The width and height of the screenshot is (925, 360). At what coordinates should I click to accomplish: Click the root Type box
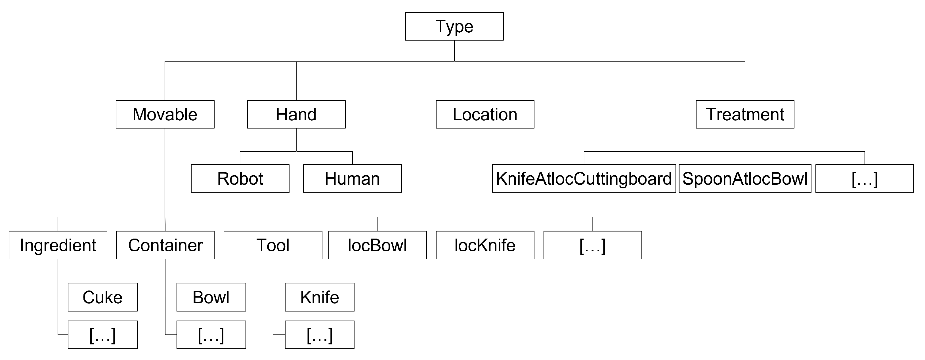(454, 27)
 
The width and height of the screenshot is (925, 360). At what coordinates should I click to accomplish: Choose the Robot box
(240, 179)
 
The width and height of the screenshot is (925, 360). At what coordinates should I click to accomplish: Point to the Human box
(352, 179)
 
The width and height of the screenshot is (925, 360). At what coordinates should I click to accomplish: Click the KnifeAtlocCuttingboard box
(584, 179)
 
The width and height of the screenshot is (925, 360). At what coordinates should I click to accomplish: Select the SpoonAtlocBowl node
(745, 179)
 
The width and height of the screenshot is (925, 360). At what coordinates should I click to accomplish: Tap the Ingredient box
(58, 245)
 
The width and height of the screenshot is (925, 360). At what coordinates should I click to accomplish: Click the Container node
(165, 245)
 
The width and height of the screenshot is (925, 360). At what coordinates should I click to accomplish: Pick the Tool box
(273, 245)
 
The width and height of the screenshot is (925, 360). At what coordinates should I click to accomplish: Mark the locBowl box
(377, 245)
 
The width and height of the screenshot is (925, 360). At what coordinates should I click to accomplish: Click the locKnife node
(485, 245)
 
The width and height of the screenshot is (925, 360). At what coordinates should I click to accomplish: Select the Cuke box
(102, 297)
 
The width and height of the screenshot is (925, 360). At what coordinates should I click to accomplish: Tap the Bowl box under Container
(211, 297)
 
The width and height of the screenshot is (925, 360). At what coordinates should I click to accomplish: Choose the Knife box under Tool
(320, 297)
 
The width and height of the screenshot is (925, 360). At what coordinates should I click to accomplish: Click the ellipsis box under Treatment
(864, 179)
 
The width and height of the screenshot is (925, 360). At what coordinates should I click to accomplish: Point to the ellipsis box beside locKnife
(592, 245)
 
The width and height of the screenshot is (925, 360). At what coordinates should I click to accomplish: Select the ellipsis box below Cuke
(102, 335)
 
